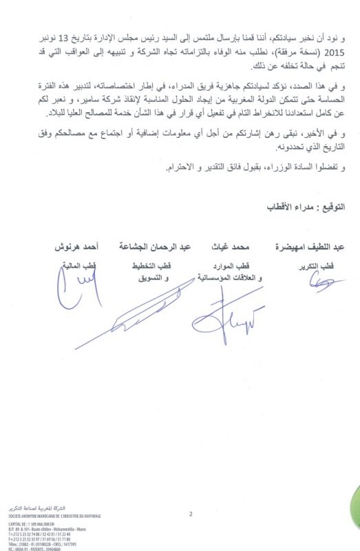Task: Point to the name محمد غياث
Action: [x=230, y=246]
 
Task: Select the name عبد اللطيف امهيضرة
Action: [x=305, y=246]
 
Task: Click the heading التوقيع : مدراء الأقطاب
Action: [x=306, y=207]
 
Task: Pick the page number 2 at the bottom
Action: [x=190, y=513]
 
